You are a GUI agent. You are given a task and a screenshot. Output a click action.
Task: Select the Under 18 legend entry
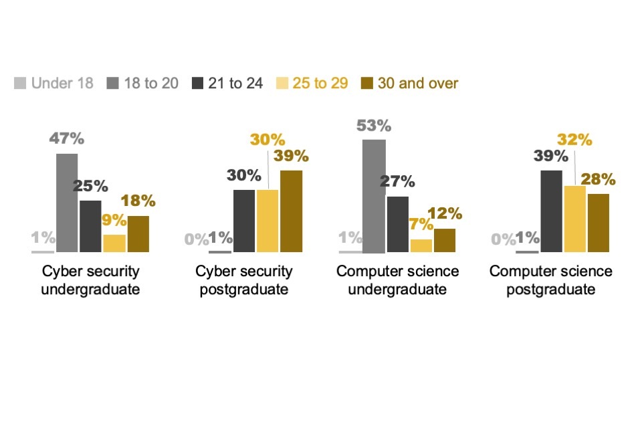pyautogui.click(x=53, y=83)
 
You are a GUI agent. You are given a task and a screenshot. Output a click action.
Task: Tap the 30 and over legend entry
pyautogui.click(x=409, y=83)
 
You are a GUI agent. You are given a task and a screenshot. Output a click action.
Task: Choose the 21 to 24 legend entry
pyautogui.click(x=227, y=83)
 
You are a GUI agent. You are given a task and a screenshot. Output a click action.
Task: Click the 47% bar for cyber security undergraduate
pyautogui.click(x=67, y=203)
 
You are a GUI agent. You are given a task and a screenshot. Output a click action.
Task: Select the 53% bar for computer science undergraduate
pyautogui.click(x=374, y=196)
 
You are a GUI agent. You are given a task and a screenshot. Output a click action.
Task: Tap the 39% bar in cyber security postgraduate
pyautogui.click(x=292, y=211)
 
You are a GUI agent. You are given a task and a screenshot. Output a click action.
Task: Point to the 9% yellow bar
pyautogui.click(x=114, y=243)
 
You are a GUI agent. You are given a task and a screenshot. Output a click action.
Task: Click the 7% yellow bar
pyautogui.click(x=421, y=245)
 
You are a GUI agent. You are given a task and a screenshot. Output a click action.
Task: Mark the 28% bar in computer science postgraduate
pyautogui.click(x=599, y=223)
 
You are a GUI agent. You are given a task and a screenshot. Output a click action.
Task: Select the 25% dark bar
pyautogui.click(x=90, y=226)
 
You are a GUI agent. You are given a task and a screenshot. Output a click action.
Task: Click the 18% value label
pyautogui.click(x=138, y=201)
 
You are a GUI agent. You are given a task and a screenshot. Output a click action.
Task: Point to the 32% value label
pyautogui.click(x=574, y=140)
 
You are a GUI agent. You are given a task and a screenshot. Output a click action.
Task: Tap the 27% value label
pyautogui.click(x=397, y=181)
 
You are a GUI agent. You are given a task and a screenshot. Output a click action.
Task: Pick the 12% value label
pyautogui.click(x=445, y=214)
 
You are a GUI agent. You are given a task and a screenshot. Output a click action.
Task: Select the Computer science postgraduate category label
pyautogui.click(x=550, y=280)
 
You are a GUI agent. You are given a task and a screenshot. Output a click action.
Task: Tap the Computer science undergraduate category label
pyautogui.click(x=397, y=280)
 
